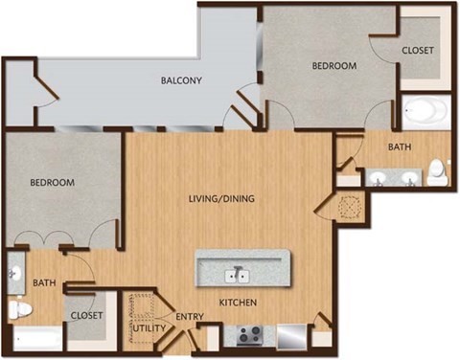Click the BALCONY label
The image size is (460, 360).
point(180,81)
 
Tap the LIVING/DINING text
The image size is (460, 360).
point(220,199)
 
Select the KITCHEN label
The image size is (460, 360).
point(237,303)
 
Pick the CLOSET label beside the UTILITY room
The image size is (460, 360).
point(86,314)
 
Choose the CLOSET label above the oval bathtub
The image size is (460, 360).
point(418,50)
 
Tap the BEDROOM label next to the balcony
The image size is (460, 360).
point(334,66)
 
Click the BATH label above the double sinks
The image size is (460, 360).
point(400,147)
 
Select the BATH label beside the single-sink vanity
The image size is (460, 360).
point(44,283)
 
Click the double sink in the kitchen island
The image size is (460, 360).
point(237,276)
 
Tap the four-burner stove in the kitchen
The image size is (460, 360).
point(251,335)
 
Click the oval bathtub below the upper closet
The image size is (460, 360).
point(422,112)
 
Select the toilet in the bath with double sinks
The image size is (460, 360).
point(437,171)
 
